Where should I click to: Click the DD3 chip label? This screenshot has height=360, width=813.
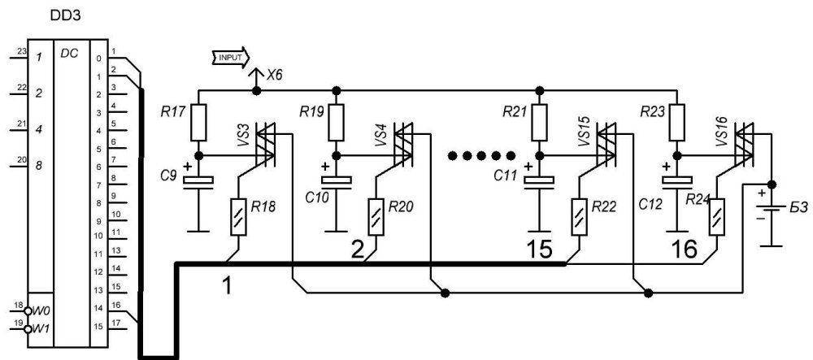pos(65,16)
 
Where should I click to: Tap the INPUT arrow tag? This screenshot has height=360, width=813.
pos(231,57)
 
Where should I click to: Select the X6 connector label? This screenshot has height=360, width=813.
pos(275,75)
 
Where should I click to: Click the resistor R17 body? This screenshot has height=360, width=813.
pos(198,122)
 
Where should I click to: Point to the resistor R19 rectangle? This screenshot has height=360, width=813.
pos(337,122)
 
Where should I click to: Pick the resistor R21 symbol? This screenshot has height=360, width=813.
pos(540,122)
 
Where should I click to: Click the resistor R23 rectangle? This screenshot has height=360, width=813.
pos(676,122)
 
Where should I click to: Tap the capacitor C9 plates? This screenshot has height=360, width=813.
pos(198,182)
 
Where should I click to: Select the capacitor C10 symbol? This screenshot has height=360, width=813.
pos(337,182)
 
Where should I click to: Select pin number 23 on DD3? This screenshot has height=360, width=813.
pos(21,51)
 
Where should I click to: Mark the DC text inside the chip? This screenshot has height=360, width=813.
pos(69,53)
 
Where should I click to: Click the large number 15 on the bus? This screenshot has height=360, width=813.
pos(539,250)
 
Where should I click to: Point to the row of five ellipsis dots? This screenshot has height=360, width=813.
pos(481,155)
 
